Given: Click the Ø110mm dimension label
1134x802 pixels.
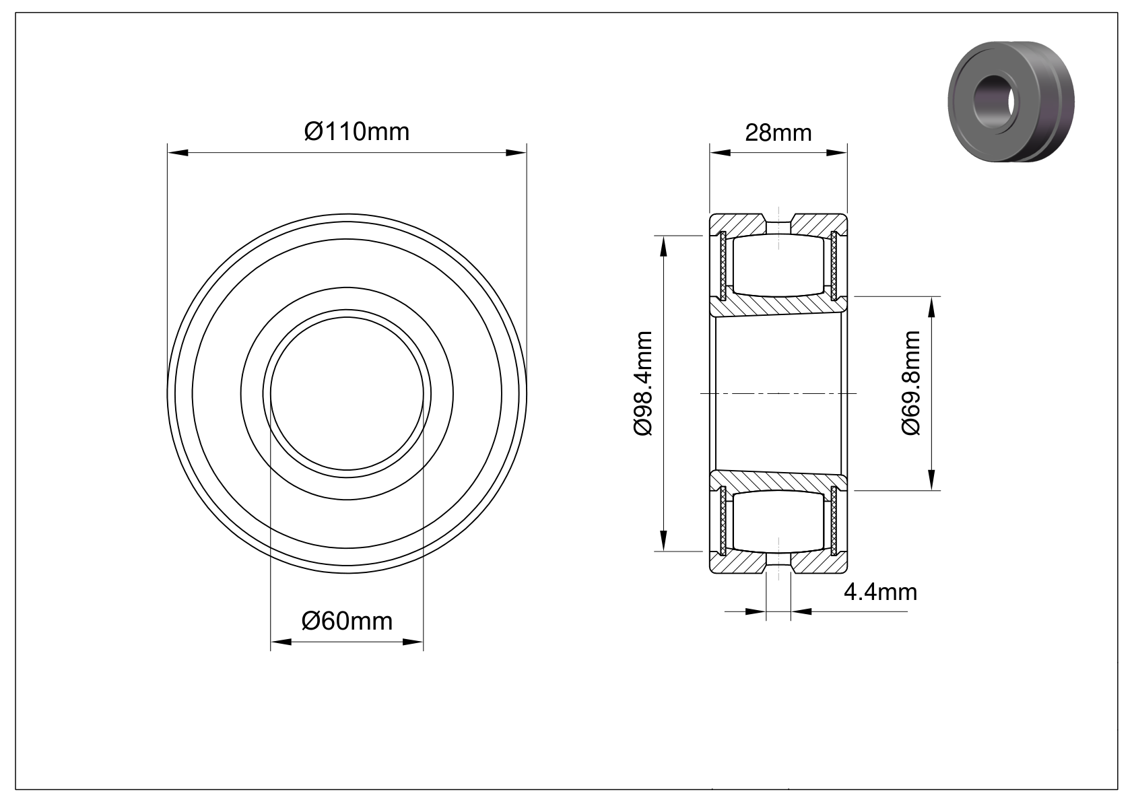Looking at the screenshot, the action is coord(356,132).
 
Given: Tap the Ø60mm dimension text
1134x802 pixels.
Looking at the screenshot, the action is coord(347,622).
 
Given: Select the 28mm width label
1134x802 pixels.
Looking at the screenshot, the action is coord(778,133).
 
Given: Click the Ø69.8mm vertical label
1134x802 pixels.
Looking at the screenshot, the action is coord(910,382).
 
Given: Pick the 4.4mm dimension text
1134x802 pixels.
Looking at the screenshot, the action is coord(880,593).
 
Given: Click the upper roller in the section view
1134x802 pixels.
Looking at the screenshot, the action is coord(778,265).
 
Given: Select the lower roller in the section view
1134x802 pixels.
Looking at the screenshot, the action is coord(778,521).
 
